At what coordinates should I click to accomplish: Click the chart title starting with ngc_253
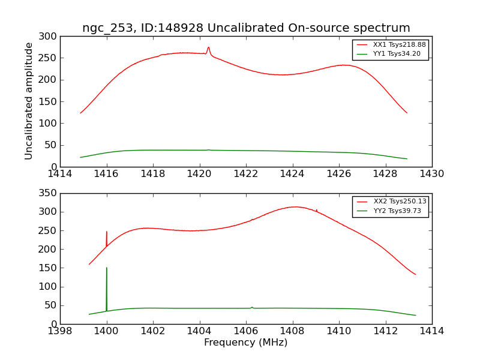click(x=246, y=28)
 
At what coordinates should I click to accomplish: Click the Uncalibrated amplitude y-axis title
click(x=29, y=101)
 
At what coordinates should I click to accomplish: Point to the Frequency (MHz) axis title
click(x=246, y=343)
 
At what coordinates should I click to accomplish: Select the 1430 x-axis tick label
click(x=431, y=174)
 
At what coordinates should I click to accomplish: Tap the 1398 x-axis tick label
click(x=60, y=331)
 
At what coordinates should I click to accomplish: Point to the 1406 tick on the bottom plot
click(x=246, y=331)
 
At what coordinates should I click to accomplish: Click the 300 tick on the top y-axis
click(x=50, y=37)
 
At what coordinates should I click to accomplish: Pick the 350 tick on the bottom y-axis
click(x=50, y=193)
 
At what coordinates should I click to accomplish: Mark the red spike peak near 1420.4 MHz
click(x=208, y=47)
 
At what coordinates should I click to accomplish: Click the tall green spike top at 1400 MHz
click(x=107, y=268)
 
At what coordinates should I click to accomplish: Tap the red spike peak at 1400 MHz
click(x=107, y=232)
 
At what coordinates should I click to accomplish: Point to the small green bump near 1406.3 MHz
click(x=252, y=307)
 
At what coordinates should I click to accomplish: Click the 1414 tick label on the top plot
click(x=60, y=174)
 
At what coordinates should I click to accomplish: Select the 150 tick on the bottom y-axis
click(x=50, y=268)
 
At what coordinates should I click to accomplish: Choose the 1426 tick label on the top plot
click(x=339, y=174)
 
